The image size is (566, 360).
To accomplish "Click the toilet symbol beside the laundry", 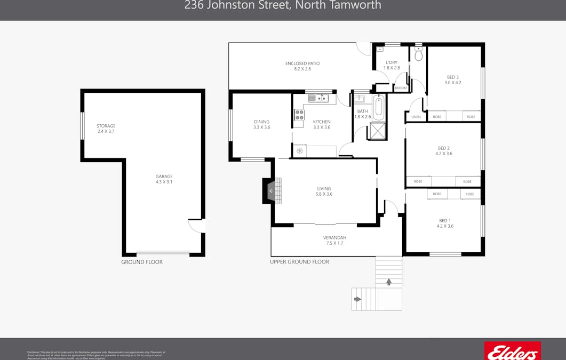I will tap(419, 54).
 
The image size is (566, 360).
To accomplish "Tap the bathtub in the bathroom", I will tap(379, 108).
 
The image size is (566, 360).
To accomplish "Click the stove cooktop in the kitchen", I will tap(299, 115).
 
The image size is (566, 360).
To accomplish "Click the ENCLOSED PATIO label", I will tap(302, 63).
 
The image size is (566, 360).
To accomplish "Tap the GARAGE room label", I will tap(164, 177).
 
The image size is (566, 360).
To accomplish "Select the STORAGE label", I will tap(106, 126).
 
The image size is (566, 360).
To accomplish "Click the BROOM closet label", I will tap(401, 88).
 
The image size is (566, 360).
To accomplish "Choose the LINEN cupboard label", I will tap(416, 117).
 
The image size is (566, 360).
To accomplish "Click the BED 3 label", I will tap(453, 77).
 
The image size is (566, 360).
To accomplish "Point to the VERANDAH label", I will tap(334, 238).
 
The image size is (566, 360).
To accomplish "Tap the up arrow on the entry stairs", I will tap(389, 282).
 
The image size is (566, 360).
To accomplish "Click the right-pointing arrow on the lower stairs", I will tap(357, 299).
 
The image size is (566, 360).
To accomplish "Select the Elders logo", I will tap(512, 351).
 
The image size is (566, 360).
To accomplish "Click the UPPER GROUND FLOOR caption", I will tap(299, 262).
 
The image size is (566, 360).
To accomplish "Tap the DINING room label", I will tap(261, 122).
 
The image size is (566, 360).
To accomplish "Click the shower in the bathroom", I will tap(378, 131).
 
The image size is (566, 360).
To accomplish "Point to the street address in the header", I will tap(283, 6).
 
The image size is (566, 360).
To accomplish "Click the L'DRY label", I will tap(392, 62).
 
